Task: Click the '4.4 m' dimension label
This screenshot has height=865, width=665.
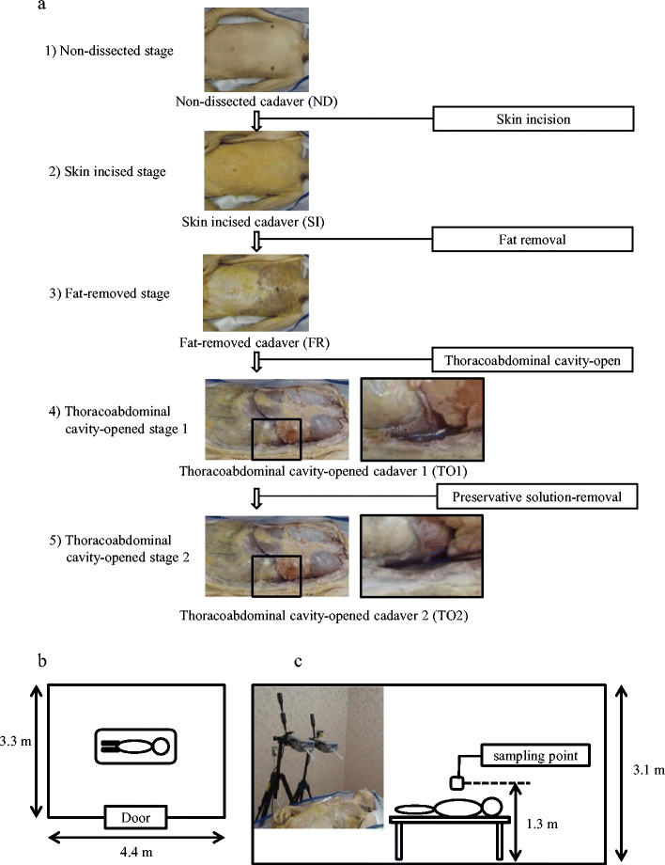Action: [x=136, y=850]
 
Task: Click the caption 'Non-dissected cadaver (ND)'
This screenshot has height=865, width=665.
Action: [x=254, y=99]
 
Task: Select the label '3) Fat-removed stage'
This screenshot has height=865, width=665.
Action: [x=107, y=293]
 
